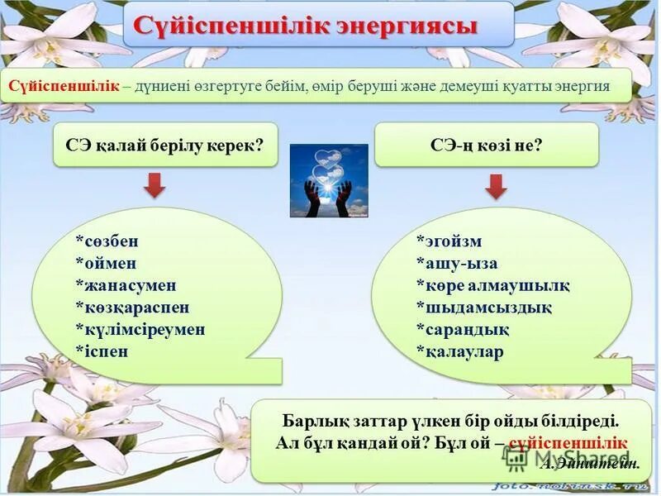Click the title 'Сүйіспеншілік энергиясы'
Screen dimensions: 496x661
click(x=318, y=24)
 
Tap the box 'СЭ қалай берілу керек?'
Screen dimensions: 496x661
click(x=164, y=145)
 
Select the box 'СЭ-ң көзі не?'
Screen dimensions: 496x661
click(x=486, y=145)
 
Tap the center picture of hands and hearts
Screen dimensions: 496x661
click(x=328, y=180)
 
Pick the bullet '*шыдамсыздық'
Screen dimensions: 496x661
click(x=483, y=308)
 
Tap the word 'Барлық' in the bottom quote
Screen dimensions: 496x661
click(x=311, y=420)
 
